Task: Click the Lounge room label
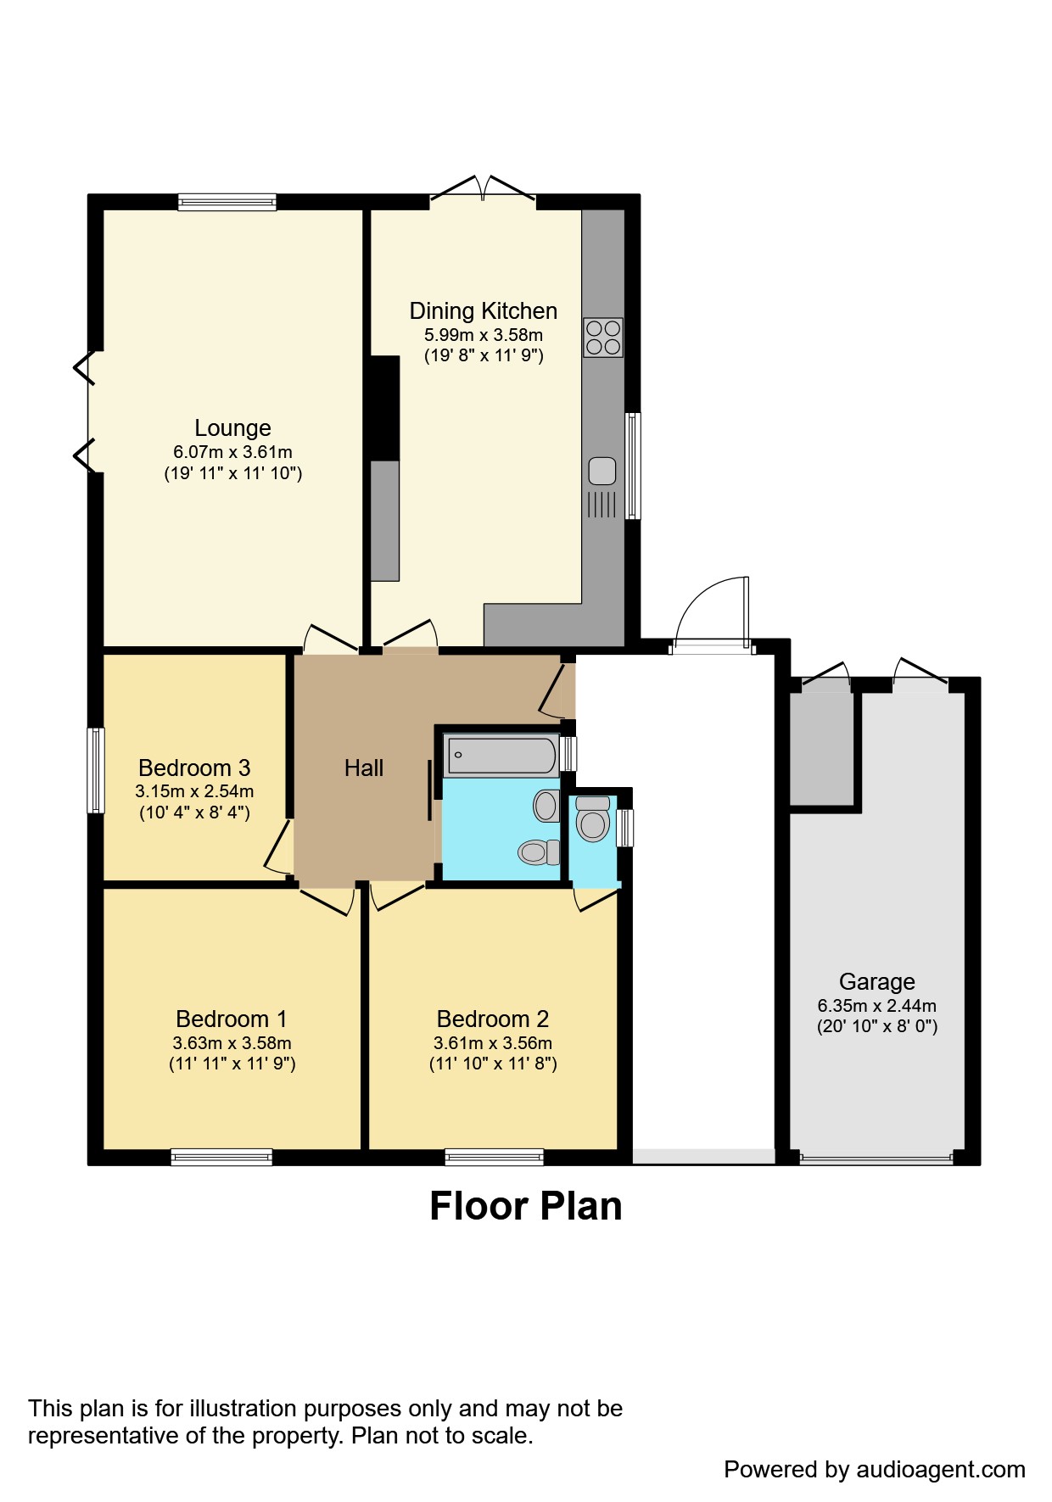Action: [232, 428]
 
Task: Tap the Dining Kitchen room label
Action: [483, 311]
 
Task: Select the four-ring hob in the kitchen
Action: [602, 338]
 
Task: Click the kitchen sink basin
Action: [602, 471]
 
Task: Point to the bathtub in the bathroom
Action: [501, 755]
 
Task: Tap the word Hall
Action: [364, 768]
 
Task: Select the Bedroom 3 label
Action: [194, 768]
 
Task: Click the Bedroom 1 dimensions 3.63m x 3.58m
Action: [232, 1043]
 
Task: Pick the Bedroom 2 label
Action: [492, 1019]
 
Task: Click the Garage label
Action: [876, 982]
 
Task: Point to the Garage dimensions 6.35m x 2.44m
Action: [876, 1006]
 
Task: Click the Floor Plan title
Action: [525, 1206]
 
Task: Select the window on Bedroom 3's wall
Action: [97, 770]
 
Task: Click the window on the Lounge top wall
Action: [227, 202]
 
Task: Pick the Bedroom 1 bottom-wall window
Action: [221, 1157]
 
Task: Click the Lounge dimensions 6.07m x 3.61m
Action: [232, 452]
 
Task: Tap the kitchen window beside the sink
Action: [632, 466]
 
